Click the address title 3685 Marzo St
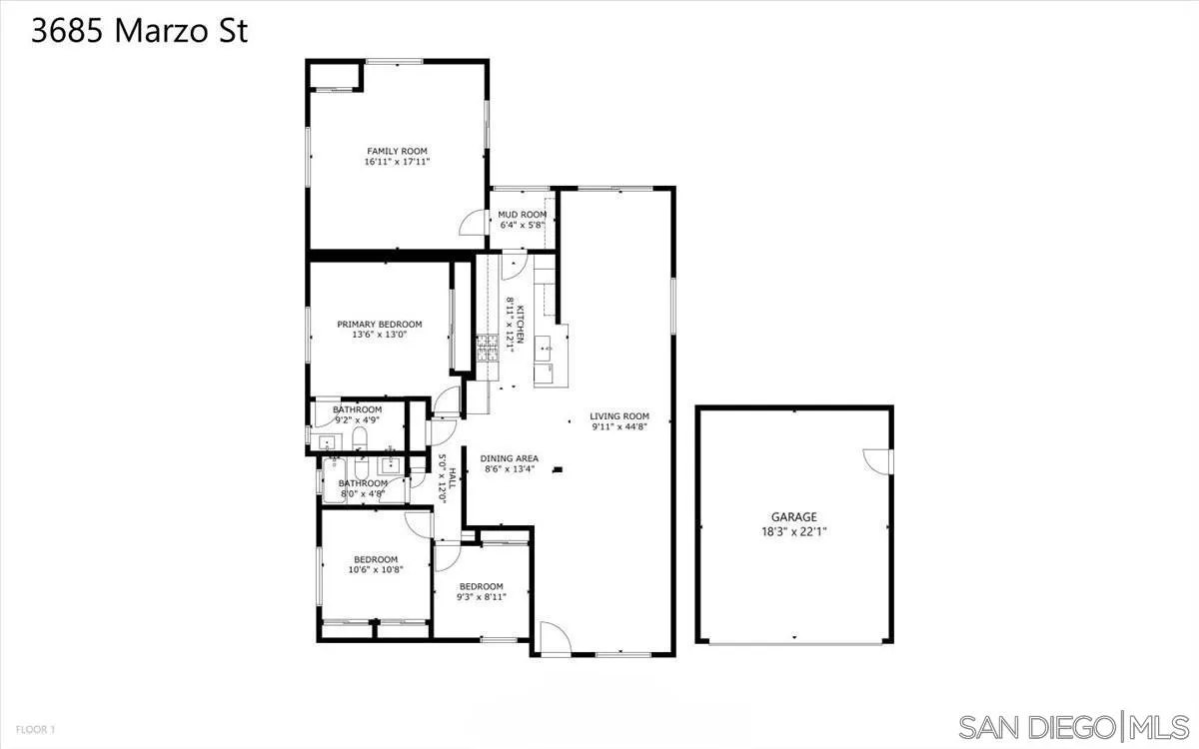tap(139, 31)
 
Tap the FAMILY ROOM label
tap(397, 151)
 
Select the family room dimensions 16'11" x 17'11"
tap(397, 162)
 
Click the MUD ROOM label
tap(523, 215)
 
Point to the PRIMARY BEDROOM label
tap(379, 324)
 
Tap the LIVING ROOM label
tap(619, 416)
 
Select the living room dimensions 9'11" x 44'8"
tap(619, 427)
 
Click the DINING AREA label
tap(510, 458)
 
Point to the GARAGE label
tap(793, 517)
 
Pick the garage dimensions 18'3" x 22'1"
tap(793, 531)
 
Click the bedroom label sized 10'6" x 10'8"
tap(376, 559)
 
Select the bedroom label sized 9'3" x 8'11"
tap(481, 586)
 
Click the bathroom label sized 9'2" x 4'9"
tap(357, 409)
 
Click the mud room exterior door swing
tap(472, 224)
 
